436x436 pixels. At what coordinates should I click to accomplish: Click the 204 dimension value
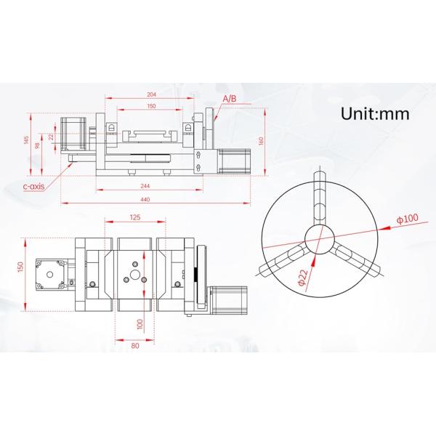[x=152, y=94]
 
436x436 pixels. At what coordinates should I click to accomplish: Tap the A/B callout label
[x=229, y=97]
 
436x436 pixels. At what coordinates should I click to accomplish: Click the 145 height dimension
[x=27, y=141]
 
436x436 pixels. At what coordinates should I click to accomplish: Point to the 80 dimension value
[x=135, y=345]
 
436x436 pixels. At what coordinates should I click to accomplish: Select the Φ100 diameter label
[x=407, y=219]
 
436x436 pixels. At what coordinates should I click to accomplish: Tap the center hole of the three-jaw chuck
[x=318, y=238]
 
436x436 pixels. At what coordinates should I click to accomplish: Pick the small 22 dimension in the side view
[x=52, y=137]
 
